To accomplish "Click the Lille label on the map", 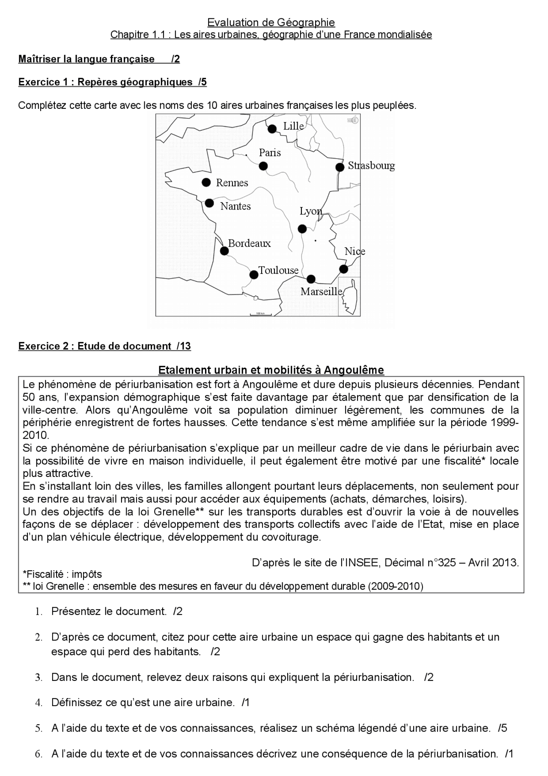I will click(293, 126).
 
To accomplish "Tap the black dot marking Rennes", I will click(206, 183).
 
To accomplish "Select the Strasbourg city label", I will click(371, 166).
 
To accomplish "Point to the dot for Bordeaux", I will click(224, 251).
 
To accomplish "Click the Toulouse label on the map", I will click(278, 270).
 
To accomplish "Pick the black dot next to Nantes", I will click(209, 203).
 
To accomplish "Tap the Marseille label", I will click(321, 292).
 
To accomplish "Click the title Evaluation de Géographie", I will click(271, 22).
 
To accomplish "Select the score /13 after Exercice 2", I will click(184, 346).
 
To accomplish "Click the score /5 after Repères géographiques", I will click(203, 82).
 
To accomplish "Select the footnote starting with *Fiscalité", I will click(63, 574).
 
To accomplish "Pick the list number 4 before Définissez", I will click(39, 703).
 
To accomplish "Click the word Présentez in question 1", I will click(74, 611).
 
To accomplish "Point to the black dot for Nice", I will click(343, 269).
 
